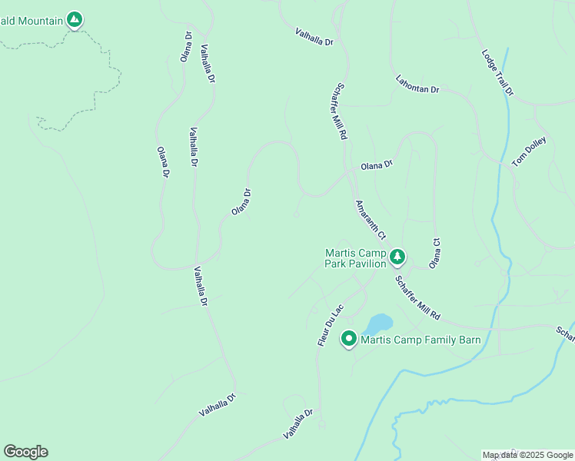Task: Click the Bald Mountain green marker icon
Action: (75, 19)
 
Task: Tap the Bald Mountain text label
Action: (31, 21)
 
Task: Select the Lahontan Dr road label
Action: (417, 85)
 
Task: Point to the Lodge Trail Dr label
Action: (497, 73)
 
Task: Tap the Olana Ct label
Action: (435, 251)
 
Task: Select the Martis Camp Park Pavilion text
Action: (354, 258)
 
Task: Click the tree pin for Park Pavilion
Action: (397, 257)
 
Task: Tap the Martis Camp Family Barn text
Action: (420, 340)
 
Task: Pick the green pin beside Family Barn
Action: (348, 338)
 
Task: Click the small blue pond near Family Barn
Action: (379, 323)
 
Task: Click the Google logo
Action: (25, 452)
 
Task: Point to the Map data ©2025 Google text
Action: (527, 455)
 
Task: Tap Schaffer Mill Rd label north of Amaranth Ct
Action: (341, 111)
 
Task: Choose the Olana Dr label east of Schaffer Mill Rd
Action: (377, 164)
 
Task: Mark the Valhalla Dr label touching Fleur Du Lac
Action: (298, 423)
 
